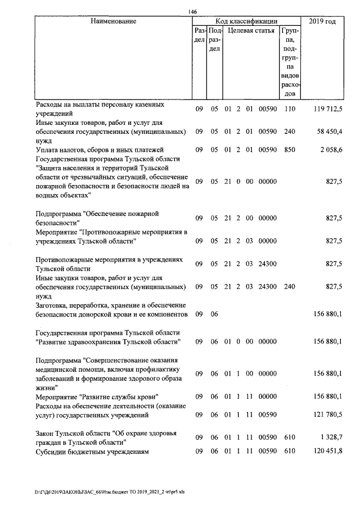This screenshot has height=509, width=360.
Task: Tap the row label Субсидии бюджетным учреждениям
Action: click(92, 451)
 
